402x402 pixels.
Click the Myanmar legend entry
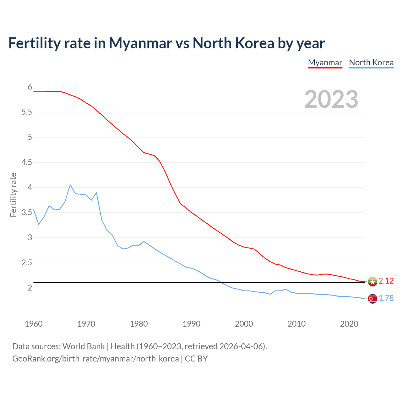point(325,62)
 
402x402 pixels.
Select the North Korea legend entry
point(371,62)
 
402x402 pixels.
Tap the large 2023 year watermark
point(331,99)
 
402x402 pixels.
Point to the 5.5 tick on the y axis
point(27,112)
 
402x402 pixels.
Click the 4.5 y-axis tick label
point(27,162)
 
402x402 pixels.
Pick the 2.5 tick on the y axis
point(27,263)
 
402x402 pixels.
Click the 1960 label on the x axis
point(34,324)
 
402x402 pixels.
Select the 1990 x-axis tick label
point(191,324)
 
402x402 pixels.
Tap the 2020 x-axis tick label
point(349,324)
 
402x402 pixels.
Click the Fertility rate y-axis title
point(13,195)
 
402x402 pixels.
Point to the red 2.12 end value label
point(386,281)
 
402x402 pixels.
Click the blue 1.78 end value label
point(386,298)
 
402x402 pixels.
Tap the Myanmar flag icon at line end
point(372,281)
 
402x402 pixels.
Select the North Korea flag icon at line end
point(372,299)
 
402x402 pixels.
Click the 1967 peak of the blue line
point(70,185)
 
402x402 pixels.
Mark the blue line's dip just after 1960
point(39,225)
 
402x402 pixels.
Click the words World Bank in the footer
point(84,346)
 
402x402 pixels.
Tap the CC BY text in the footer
point(196,359)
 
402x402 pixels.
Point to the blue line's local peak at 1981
point(144,242)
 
